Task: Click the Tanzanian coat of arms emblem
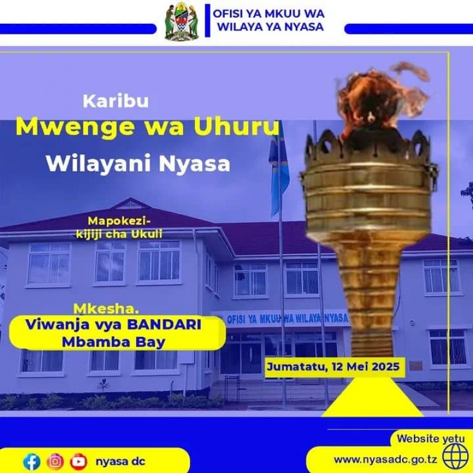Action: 182,21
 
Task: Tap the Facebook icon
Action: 32,462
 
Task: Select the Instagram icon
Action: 55,462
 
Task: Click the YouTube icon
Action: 79,462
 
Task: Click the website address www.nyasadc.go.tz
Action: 385,460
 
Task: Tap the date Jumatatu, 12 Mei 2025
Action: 333,367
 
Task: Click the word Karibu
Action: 115,101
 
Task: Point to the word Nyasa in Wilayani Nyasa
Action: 195,164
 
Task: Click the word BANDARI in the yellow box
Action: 164,325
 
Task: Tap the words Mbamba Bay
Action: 114,342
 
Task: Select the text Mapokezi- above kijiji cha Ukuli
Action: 119,221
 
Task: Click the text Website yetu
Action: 431,439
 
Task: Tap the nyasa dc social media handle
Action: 121,462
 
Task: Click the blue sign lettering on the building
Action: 287,319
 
